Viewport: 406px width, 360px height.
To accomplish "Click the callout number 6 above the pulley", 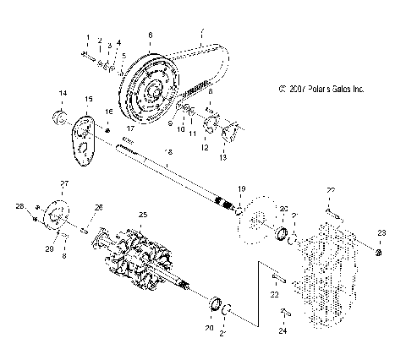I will tap(150, 35).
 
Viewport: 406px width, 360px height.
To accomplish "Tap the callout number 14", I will tap(62, 91).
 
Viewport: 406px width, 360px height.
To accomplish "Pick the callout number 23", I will tap(381, 232).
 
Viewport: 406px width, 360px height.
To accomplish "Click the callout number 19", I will tap(241, 188).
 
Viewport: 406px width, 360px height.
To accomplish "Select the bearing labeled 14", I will tap(61, 114).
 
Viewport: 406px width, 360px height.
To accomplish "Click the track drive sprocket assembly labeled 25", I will tap(143, 258).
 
